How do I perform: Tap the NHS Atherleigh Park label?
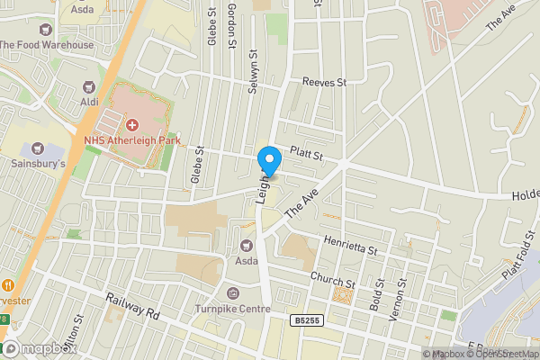click(x=132, y=139)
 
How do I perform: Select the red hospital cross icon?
click(x=132, y=123)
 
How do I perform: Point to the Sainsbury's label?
click(x=39, y=165)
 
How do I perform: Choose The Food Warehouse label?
click(x=47, y=45)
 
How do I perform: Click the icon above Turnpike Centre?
click(x=233, y=293)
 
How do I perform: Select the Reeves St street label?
click(x=324, y=82)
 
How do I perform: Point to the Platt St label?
click(x=306, y=155)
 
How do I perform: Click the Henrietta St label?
click(x=351, y=244)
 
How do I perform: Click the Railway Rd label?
click(x=131, y=310)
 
